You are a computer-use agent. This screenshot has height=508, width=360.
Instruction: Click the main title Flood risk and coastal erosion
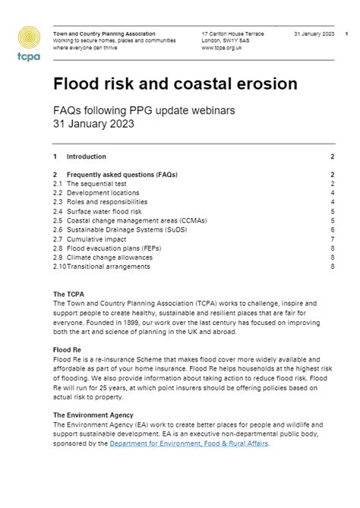click(175, 84)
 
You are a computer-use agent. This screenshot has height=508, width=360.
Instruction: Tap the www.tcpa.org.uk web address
click(222, 47)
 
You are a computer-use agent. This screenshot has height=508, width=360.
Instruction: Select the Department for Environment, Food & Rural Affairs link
click(188, 443)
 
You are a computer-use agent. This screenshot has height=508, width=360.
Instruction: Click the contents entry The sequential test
click(96, 184)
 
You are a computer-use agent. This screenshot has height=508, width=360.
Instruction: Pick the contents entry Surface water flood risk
click(106, 211)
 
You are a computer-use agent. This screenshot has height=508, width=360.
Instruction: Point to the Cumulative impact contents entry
click(96, 238)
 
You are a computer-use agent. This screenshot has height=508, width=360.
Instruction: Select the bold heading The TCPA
click(68, 294)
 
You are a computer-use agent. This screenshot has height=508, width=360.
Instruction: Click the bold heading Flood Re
click(68, 349)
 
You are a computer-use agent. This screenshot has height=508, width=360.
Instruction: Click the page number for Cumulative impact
click(333, 238)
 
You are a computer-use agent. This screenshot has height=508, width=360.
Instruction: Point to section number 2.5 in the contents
click(58, 220)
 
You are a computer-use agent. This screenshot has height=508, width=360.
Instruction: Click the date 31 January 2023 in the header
click(314, 33)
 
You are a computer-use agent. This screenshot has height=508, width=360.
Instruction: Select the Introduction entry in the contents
click(87, 156)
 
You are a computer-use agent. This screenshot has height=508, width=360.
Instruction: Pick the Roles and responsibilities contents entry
click(107, 202)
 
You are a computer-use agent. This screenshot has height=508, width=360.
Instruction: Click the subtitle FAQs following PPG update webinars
click(144, 110)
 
